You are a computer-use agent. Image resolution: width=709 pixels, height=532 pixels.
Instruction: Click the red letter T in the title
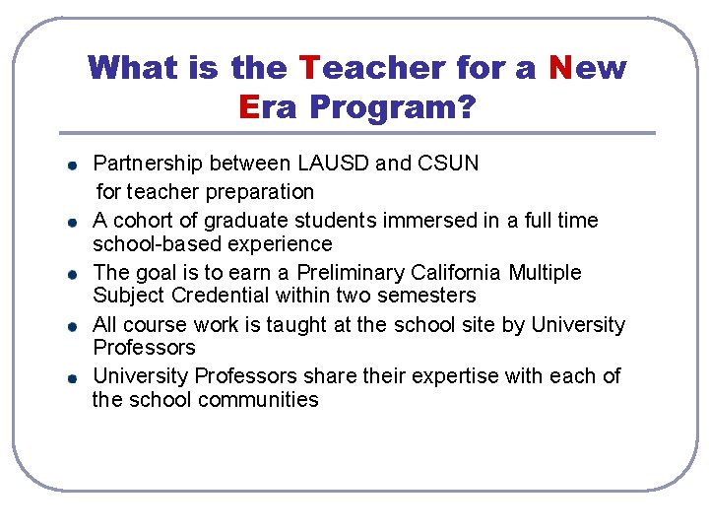(x=308, y=68)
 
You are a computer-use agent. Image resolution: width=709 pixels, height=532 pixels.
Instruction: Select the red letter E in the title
(x=248, y=107)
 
